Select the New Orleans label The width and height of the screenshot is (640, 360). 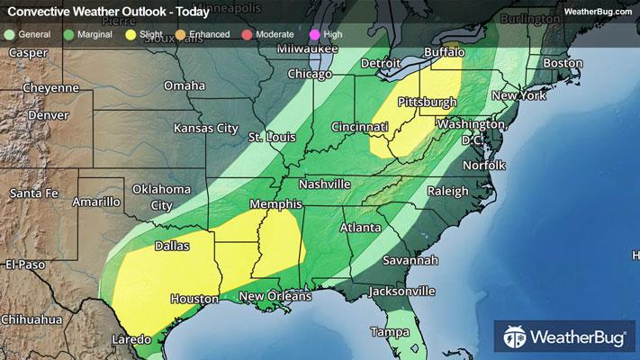pos(275,296)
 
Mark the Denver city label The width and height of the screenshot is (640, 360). pos(47,116)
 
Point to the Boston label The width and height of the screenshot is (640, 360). pos(564,64)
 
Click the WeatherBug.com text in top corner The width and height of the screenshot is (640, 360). pos(595,11)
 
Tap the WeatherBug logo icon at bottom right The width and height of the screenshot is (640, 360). pos(516,338)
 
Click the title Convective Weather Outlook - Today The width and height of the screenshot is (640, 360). pos(108,11)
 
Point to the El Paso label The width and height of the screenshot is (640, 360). pos(25,264)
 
